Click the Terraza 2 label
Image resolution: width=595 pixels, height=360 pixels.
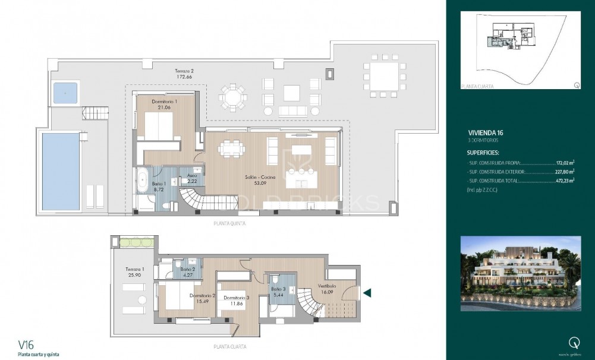click(184, 70)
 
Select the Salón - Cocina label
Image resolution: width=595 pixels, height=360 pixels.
click(259, 176)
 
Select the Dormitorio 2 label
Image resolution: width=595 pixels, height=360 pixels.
click(202, 295)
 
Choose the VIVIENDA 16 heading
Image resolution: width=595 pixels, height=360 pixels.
click(486, 133)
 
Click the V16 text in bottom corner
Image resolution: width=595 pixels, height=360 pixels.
click(26, 344)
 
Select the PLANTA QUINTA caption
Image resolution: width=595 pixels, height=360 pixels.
click(228, 224)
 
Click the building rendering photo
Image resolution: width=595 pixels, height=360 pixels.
click(520, 273)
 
